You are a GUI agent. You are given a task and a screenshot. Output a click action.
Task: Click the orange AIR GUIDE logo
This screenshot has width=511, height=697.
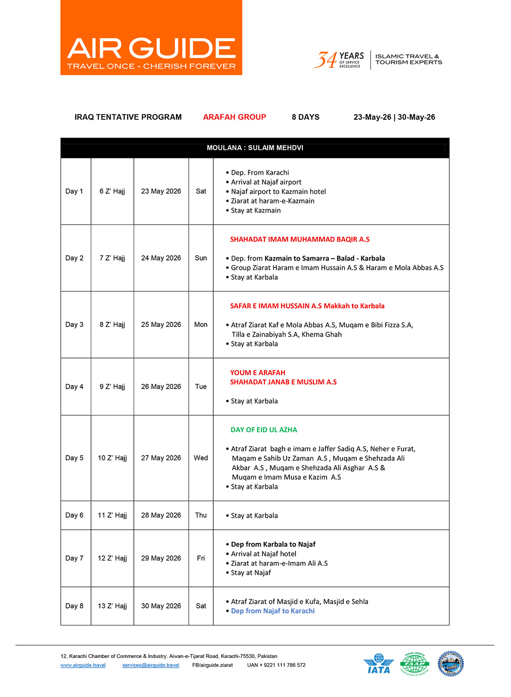[151, 38]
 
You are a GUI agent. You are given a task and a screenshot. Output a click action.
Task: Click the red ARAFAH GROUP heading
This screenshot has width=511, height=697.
[234, 117]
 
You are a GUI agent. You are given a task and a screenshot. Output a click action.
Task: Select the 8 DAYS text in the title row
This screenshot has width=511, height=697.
[305, 117]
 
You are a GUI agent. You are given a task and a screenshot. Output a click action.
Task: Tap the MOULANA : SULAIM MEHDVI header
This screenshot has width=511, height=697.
[255, 148]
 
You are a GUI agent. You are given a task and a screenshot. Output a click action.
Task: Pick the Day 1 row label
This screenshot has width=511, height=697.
[74, 191]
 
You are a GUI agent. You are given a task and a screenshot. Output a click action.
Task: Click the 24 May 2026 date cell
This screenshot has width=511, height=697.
[161, 258]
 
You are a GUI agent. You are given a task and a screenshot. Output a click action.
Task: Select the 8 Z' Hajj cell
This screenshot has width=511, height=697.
[112, 325]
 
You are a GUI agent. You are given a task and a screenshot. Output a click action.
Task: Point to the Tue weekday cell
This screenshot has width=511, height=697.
[201, 386]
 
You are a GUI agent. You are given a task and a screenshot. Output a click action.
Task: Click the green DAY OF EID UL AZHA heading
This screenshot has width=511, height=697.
[264, 430]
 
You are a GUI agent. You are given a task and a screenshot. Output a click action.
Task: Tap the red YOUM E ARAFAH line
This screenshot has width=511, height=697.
[258, 372]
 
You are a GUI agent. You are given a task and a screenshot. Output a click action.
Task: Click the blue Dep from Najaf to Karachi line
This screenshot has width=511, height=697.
[273, 611]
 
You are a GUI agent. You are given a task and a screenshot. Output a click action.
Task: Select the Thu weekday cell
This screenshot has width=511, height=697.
[201, 515]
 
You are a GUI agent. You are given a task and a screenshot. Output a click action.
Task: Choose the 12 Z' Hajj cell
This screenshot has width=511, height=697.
[112, 558]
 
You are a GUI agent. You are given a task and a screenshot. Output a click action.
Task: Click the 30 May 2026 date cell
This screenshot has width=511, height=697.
[161, 606]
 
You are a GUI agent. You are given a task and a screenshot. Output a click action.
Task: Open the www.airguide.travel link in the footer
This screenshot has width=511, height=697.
[83, 665]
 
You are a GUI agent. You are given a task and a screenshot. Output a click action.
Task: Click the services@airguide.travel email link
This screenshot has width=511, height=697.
[151, 665]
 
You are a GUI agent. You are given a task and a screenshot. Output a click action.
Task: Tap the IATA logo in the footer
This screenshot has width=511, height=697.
[379, 664]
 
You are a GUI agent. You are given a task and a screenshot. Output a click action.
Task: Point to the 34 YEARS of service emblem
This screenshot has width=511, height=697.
[339, 60]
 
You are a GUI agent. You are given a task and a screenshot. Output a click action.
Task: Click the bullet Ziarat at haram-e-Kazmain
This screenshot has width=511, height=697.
[272, 201]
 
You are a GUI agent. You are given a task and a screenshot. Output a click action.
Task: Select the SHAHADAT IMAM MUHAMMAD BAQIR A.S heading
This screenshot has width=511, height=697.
[300, 240]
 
